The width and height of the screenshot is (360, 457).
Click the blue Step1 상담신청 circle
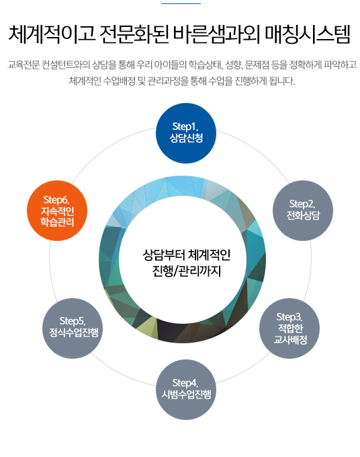pos(186,133)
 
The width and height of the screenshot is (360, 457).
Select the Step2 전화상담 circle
pos(303,211)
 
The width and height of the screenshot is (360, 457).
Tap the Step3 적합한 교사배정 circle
pos(289,328)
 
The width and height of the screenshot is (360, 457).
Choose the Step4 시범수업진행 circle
pos(186,390)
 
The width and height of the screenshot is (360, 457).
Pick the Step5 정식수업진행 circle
pos(73,328)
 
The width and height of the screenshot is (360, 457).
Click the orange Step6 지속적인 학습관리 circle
pos(57,211)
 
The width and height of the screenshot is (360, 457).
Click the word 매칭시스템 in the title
pos(308,35)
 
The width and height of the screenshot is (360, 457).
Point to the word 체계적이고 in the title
pos(52,35)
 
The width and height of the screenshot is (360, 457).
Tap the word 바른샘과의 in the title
pos(216,35)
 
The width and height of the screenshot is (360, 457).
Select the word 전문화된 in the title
pos(134,35)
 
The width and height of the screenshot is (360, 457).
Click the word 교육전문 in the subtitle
pos(24,65)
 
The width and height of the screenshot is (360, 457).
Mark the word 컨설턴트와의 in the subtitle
pos(66,65)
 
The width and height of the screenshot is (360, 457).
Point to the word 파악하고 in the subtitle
pos(341,65)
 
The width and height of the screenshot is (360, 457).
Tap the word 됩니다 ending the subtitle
pos(282,81)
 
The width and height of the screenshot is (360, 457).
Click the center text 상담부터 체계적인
pos(187,255)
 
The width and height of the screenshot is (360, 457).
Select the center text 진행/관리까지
pos(187,271)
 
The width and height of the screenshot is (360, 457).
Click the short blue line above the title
pos(181,3)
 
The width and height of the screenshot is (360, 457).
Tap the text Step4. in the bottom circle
pos(185,383)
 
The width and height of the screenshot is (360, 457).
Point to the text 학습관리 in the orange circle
pos(57,222)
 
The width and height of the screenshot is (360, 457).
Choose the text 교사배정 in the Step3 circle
pos(290,340)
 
